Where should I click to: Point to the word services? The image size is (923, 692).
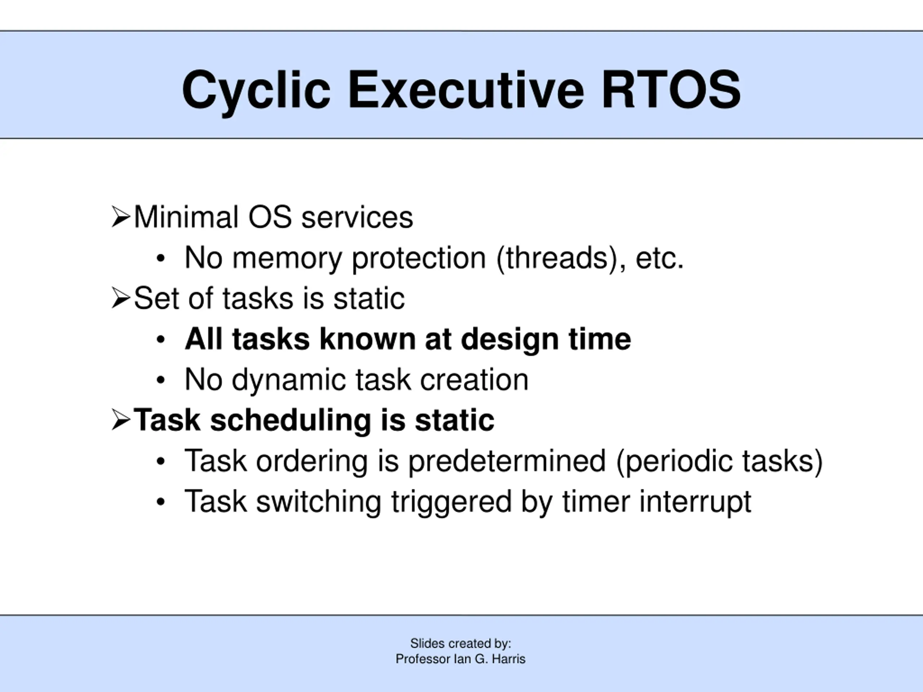(x=357, y=218)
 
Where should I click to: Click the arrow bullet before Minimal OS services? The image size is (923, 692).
(x=121, y=217)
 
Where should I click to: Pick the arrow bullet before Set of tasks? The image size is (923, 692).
(x=121, y=298)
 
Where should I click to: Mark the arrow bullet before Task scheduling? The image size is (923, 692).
(x=121, y=420)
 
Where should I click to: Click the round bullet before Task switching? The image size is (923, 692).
(x=161, y=502)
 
